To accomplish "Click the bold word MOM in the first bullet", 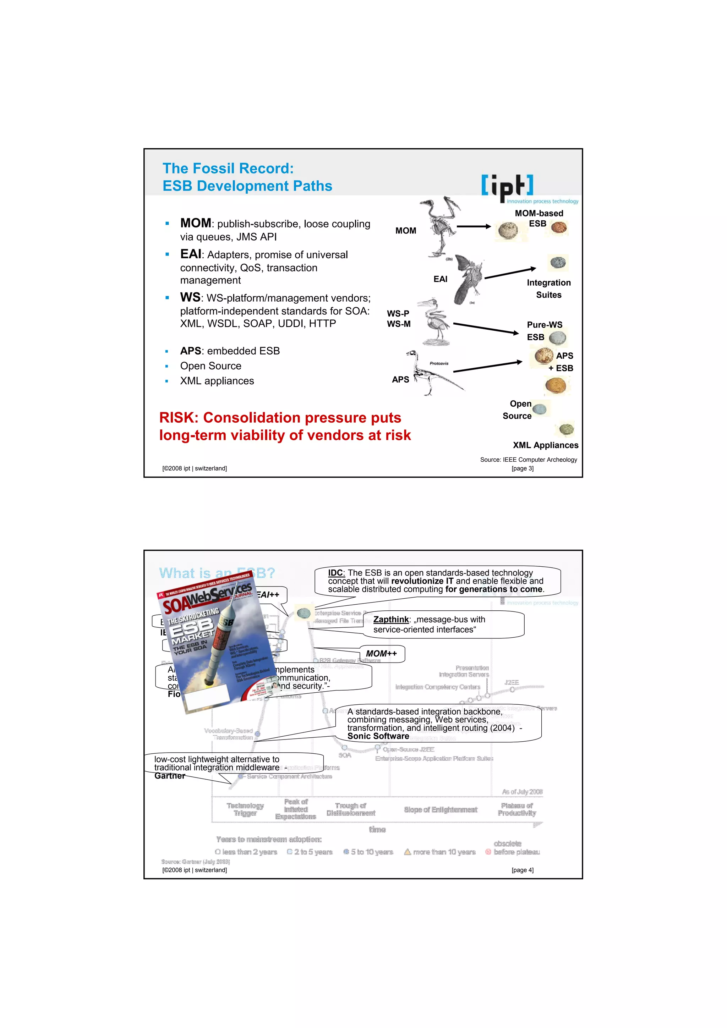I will [x=195, y=223].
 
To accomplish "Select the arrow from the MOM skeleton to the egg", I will [x=474, y=226].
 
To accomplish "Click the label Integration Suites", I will [x=548, y=289].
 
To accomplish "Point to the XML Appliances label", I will [x=545, y=445].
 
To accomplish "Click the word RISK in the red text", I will [x=178, y=418].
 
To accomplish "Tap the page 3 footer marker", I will [x=522, y=468].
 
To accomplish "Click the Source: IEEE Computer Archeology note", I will [x=528, y=460].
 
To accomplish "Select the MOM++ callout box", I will [x=381, y=654].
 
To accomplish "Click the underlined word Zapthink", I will [x=390, y=619].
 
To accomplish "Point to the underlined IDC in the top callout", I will [x=335, y=573].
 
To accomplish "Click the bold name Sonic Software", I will [x=378, y=736].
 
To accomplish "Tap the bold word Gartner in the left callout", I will [x=169, y=776].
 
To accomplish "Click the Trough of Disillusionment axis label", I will [x=350, y=809].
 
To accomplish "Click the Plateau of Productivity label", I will [x=516, y=809].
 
